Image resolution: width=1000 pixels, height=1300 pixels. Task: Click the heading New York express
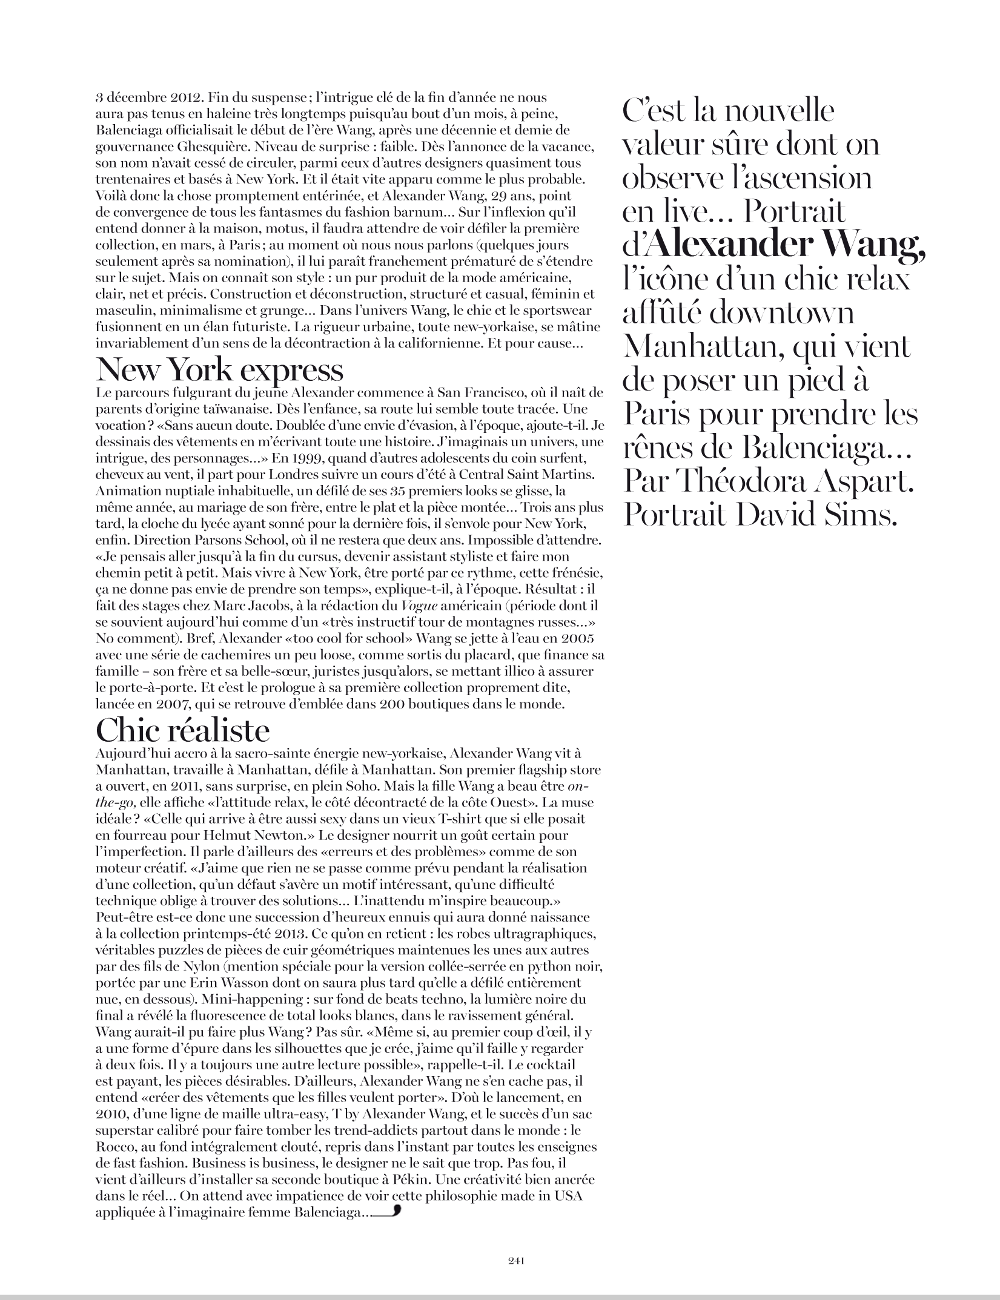tap(219, 369)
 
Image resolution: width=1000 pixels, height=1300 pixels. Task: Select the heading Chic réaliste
tap(182, 731)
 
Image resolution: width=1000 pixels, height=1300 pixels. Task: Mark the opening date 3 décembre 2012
tap(142, 98)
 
